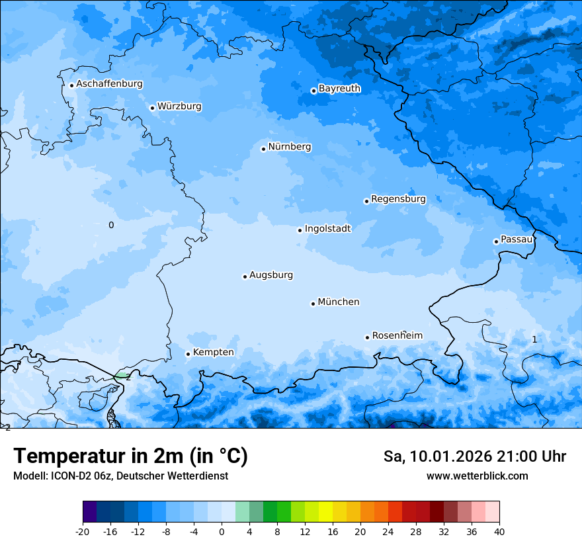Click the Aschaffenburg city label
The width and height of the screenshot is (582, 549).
[x=109, y=84]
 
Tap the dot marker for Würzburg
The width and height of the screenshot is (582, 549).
[x=152, y=108]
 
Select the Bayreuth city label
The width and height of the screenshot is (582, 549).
[x=339, y=89]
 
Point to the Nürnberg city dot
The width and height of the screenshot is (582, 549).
[x=263, y=149]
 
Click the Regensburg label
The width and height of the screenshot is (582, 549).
[x=398, y=199]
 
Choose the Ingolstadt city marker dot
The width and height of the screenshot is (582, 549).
[x=300, y=230]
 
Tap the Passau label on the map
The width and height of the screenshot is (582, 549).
[x=516, y=239]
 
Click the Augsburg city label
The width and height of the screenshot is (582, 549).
[x=270, y=275]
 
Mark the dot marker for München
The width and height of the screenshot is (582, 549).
[x=313, y=304]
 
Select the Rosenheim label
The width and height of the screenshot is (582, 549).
[x=397, y=336]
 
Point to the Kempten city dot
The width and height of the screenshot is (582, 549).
[x=188, y=354]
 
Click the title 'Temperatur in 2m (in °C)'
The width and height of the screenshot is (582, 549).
[x=130, y=456]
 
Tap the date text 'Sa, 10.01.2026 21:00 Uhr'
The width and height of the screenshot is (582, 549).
[x=474, y=456]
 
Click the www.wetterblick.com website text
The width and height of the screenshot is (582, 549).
[x=477, y=476]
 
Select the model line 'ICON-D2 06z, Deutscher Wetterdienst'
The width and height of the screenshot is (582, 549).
[x=120, y=476]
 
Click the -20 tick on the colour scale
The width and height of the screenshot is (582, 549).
[x=83, y=531]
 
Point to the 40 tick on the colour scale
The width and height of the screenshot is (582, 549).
[x=499, y=531]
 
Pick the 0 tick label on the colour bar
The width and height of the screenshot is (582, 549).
[x=222, y=531]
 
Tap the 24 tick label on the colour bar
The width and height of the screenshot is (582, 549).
[x=388, y=531]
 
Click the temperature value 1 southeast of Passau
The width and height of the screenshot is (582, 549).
[x=534, y=339]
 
